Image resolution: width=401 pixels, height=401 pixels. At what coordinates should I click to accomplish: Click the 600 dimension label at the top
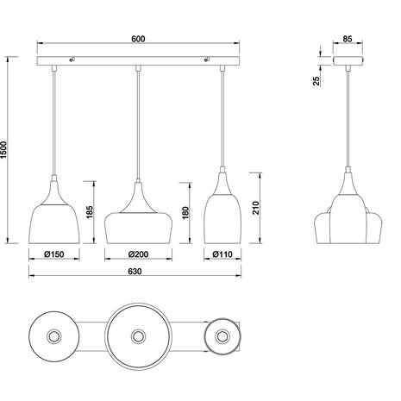coord(137,39)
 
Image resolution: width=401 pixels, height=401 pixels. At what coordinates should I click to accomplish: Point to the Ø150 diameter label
coord(56,254)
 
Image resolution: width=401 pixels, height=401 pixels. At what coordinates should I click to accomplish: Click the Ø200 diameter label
coord(136,254)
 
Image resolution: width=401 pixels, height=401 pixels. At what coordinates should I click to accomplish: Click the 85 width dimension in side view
coord(345,39)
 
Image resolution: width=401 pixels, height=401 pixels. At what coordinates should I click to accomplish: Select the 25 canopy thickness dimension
coord(317,80)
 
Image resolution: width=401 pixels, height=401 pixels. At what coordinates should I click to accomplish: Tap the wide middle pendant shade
coord(136,226)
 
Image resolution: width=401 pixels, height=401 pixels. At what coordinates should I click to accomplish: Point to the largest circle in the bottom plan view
coord(136,334)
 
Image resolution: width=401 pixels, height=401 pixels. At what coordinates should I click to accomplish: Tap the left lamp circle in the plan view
coord(56,334)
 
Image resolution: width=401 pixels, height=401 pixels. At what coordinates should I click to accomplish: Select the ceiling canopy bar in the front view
coord(137,60)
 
